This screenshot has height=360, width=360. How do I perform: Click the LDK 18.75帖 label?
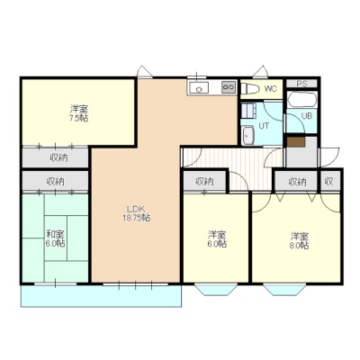(x=136, y=213)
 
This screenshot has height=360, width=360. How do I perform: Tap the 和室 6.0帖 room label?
(x=56, y=238)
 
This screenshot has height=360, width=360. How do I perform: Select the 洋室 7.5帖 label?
(x=79, y=112)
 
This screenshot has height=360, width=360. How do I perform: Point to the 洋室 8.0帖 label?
(x=299, y=240)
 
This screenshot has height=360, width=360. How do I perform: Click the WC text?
(x=270, y=89)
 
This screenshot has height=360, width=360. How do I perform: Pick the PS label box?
(x=301, y=84)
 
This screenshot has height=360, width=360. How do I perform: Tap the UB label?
(x=307, y=116)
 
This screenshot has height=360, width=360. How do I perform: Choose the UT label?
(x=264, y=126)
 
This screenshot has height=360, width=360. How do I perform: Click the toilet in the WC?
(x=249, y=89)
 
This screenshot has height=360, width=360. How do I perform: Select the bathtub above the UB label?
(x=301, y=99)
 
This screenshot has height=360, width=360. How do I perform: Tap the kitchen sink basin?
(x=198, y=88)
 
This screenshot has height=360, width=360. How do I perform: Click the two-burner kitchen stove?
(x=229, y=87)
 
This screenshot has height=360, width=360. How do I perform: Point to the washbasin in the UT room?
(x=247, y=136)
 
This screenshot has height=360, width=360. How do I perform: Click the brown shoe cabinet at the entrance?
(x=296, y=142)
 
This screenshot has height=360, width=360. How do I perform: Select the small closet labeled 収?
(x=330, y=181)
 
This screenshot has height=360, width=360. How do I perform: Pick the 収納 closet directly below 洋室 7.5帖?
(x=56, y=157)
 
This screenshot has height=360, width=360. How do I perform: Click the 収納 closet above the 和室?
(x=56, y=181)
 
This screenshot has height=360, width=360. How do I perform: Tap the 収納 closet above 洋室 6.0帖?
(x=204, y=181)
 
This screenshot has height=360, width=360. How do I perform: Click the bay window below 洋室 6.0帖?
(x=216, y=289)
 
